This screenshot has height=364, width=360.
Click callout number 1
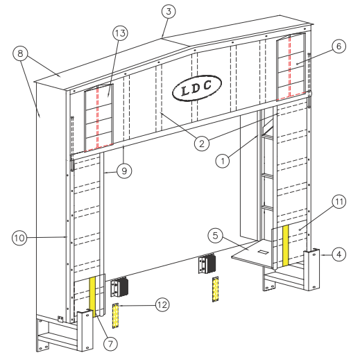click(222, 161)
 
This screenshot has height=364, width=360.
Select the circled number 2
click(200, 144)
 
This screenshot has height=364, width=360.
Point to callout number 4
click(339, 254)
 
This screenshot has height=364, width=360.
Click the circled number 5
click(217, 235)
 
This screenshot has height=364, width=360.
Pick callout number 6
click(338, 46)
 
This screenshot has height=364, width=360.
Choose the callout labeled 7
click(110, 343)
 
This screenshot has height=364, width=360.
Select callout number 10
click(19, 238)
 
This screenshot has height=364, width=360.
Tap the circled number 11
click(338, 202)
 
